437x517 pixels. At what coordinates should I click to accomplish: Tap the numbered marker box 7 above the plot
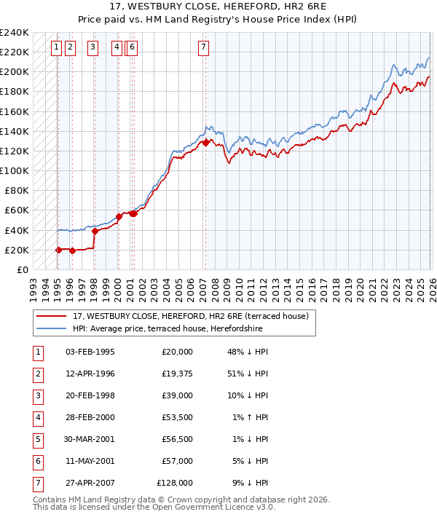(203, 48)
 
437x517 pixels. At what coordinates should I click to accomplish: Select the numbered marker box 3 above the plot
(93, 48)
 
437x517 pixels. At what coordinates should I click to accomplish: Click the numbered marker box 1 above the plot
(56, 48)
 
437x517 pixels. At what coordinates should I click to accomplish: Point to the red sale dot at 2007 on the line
(205, 143)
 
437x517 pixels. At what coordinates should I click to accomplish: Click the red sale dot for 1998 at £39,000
(95, 231)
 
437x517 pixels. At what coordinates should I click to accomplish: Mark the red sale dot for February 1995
(58, 250)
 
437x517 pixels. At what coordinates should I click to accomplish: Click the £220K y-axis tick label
(15, 52)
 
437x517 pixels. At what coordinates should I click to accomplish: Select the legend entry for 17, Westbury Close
(191, 316)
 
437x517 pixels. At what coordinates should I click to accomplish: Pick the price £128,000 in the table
(175, 483)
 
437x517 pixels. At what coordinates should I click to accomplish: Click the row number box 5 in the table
(36, 439)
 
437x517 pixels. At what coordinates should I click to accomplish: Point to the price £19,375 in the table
(175, 374)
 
